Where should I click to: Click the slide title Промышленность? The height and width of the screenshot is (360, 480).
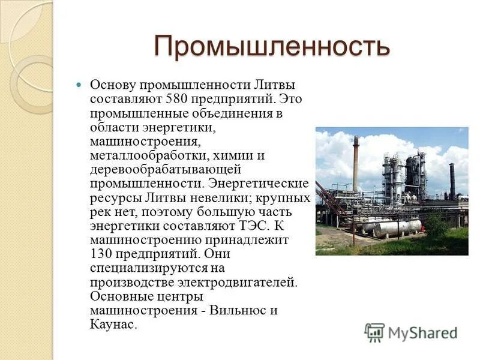coord(272,46)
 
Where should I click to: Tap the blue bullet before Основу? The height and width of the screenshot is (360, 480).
coord(79,85)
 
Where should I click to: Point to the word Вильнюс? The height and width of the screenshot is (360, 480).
coord(237,311)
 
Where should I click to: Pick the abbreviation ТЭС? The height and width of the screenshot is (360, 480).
coord(249,225)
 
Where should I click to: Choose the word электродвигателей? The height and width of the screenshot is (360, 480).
coord(236,281)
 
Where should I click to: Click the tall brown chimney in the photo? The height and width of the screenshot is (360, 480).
coord(355,165)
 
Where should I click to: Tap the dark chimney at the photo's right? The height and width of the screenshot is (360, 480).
coord(452,180)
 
